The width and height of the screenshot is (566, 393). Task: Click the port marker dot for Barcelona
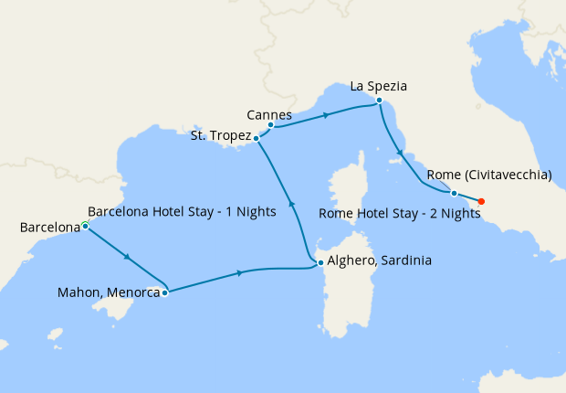pyautogui.click(x=85, y=225)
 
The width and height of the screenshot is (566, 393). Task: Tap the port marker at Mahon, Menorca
pyautogui.click(x=164, y=293)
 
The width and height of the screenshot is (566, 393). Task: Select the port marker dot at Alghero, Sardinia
pyautogui.click(x=320, y=263)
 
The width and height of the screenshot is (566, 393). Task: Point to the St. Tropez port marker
pyautogui.click(x=257, y=138)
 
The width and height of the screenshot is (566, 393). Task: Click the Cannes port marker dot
pyautogui.click(x=271, y=125)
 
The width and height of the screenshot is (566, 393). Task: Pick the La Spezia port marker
pyautogui.click(x=379, y=101)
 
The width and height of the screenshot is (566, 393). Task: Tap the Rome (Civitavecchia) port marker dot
pyautogui.click(x=454, y=193)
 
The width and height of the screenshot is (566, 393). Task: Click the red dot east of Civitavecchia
pyautogui.click(x=481, y=201)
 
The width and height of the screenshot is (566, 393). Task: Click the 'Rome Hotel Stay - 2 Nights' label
pyautogui.click(x=400, y=214)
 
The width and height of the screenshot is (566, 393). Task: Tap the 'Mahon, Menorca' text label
pyautogui.click(x=106, y=293)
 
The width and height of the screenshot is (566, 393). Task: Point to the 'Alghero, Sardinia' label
pyautogui.click(x=379, y=260)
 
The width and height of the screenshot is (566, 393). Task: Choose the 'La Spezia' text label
pyautogui.click(x=378, y=87)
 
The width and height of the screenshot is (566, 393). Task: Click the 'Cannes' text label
pyautogui.click(x=269, y=115)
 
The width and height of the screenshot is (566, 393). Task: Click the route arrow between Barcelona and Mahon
pyautogui.click(x=126, y=258)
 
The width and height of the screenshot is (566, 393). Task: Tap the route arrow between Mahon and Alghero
pyautogui.click(x=240, y=272)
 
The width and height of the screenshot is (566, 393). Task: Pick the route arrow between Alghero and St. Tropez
pyautogui.click(x=291, y=204)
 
